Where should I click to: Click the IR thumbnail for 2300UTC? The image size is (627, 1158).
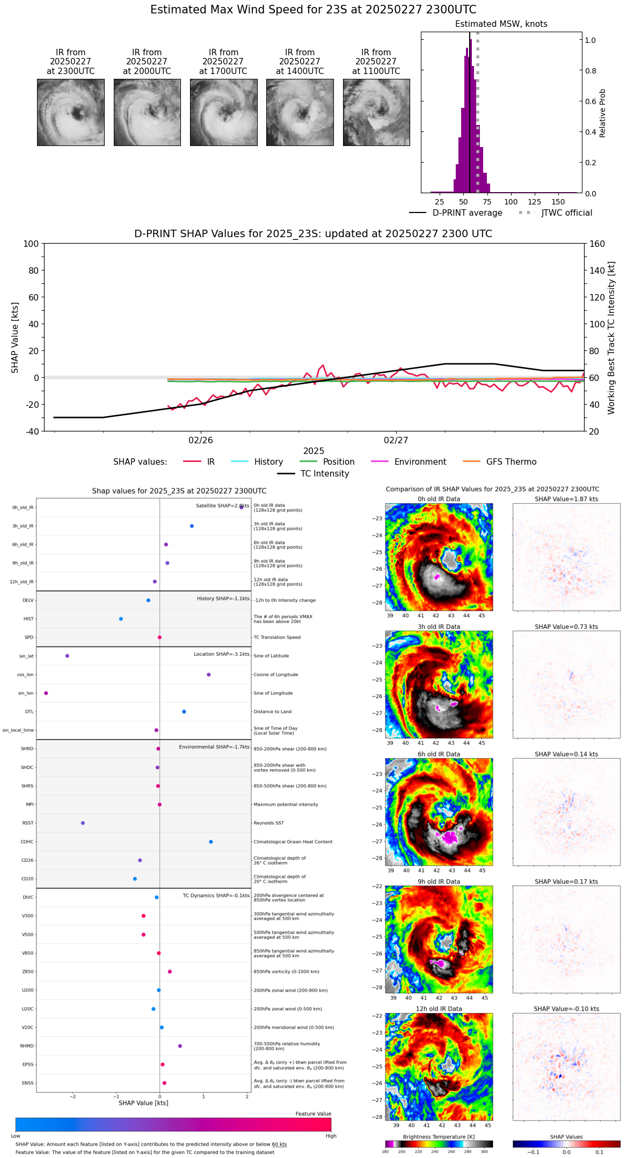pos(71,112)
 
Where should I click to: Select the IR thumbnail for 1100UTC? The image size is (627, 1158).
pos(376,112)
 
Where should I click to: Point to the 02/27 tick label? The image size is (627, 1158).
pos(396,441)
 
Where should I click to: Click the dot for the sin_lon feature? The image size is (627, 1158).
pos(46,693)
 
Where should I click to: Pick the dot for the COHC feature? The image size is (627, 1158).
pos(211,841)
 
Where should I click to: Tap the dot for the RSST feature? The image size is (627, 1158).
pos(83,823)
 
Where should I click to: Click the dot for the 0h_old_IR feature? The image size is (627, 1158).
pos(242,507)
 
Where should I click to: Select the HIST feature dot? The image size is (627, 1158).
pos(121,619)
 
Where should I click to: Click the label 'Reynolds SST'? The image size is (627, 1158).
pos(269,823)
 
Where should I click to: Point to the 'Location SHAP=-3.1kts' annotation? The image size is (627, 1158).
pos(221,654)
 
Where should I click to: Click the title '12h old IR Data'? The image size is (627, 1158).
pos(439,1009)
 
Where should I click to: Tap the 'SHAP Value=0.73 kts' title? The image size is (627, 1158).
pos(566,627)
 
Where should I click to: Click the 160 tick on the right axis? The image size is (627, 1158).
pos(597,244)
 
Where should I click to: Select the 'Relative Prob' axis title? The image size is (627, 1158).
pos(603,113)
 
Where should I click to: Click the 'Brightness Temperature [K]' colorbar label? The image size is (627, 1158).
pos(439,1137)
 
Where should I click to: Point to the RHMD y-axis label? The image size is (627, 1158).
pos(27,1046)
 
